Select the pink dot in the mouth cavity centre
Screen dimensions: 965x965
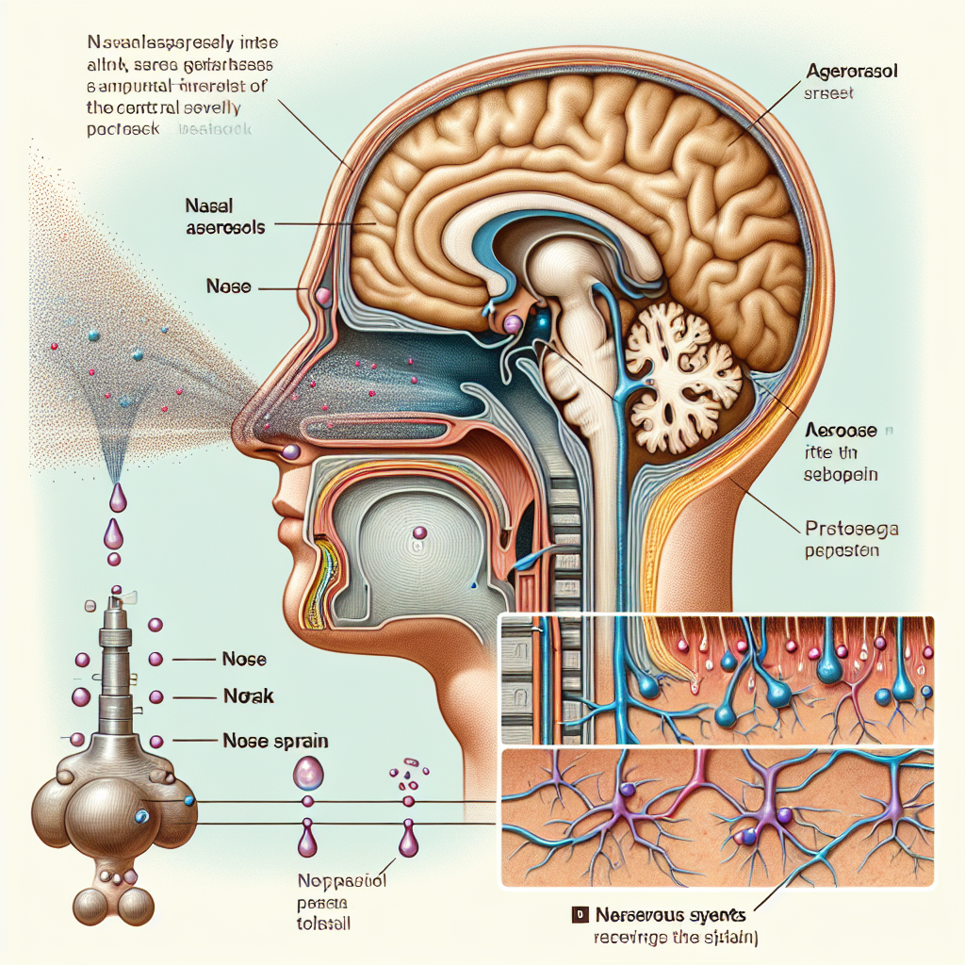coord(418,534)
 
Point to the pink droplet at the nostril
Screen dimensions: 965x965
coord(291,453)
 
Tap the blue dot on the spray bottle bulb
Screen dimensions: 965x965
coord(141,816)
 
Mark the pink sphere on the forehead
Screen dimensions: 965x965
coord(324,297)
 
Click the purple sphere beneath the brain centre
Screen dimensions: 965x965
coord(512,324)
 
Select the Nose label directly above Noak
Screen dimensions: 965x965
coord(242,660)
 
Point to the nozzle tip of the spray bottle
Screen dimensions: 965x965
coord(117,593)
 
